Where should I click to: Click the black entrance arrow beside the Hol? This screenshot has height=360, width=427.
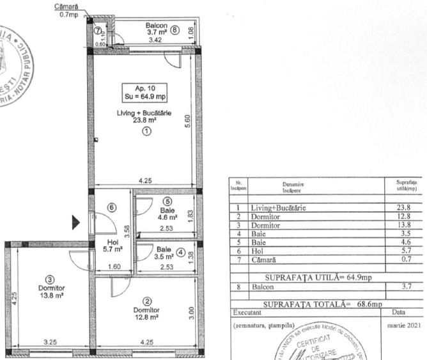75,223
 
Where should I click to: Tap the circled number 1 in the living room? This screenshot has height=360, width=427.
146,131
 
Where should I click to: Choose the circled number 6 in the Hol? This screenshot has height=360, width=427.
111,207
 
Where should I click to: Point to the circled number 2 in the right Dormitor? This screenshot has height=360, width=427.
146,301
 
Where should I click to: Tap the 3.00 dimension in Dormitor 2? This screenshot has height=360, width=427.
190,313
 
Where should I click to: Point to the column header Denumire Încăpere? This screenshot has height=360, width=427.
295,188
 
